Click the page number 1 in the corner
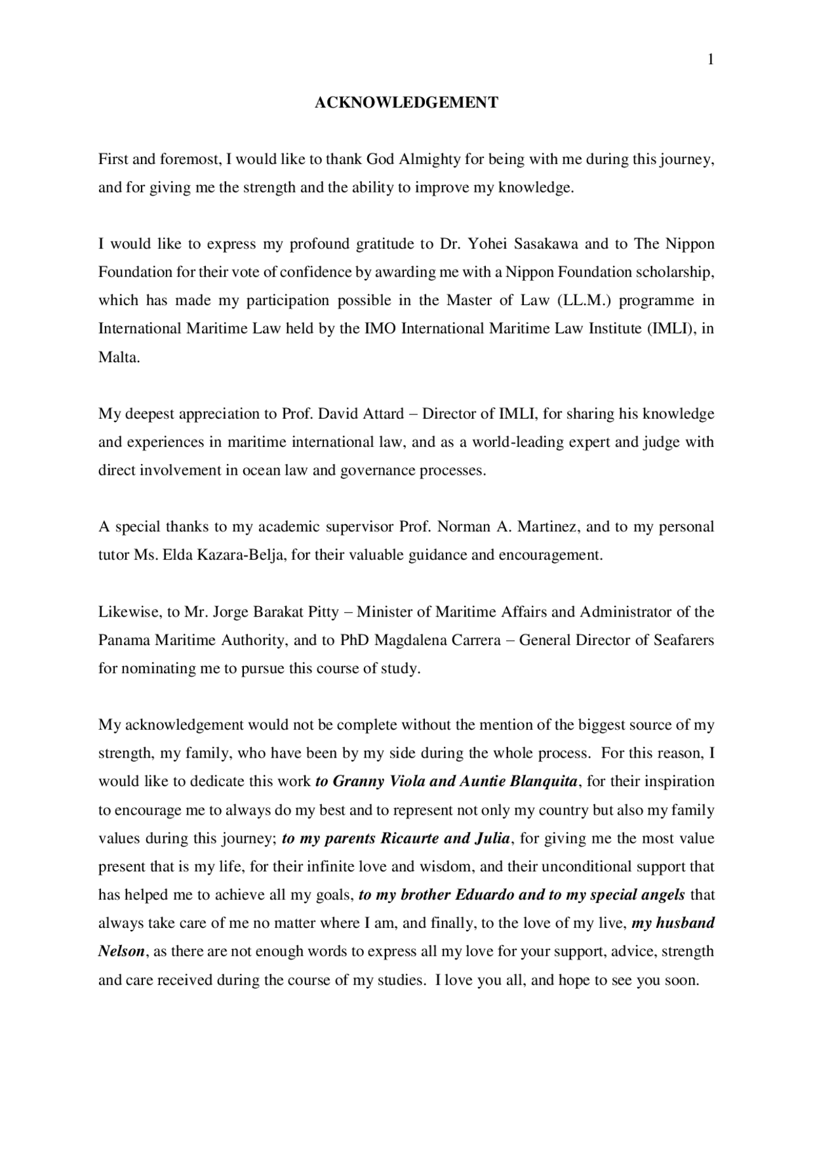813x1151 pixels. tap(711, 60)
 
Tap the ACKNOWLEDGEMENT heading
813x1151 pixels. tap(406, 102)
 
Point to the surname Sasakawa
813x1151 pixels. tap(546, 244)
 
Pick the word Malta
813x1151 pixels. tap(118, 357)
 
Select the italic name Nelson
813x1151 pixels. tap(121, 951)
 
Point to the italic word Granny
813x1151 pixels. tap(359, 781)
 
